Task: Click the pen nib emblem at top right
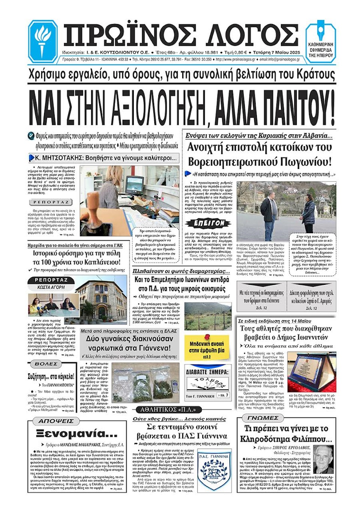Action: pos(321,32)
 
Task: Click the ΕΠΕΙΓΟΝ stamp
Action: pos(207,223)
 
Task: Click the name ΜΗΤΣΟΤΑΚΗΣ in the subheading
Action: pos(56,158)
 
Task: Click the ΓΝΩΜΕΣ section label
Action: pos(262,418)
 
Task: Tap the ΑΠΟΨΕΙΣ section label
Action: pos(56,421)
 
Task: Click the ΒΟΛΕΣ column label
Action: pos(46,364)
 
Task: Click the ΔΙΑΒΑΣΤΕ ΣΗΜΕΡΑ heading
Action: pos(207,372)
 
